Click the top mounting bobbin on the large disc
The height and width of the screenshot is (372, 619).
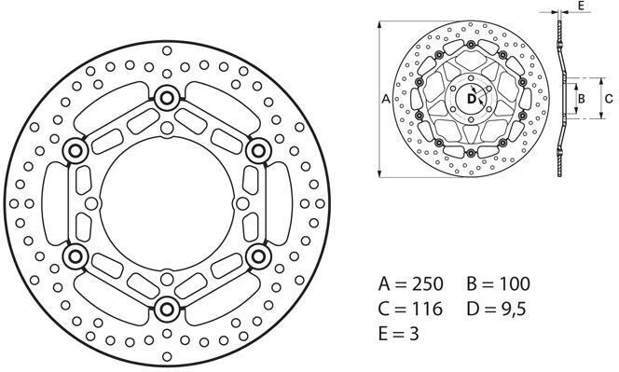(168, 97)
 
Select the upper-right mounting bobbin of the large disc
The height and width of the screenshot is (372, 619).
(258, 149)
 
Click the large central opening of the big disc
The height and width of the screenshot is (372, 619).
(168, 202)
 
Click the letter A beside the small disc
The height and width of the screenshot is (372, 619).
(387, 97)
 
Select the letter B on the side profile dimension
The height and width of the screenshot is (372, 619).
(579, 97)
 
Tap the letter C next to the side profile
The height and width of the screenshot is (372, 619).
(608, 97)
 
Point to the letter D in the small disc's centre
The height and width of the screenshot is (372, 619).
(471, 97)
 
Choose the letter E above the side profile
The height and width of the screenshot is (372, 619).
(580, 7)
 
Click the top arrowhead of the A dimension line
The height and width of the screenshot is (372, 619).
(379, 21)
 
